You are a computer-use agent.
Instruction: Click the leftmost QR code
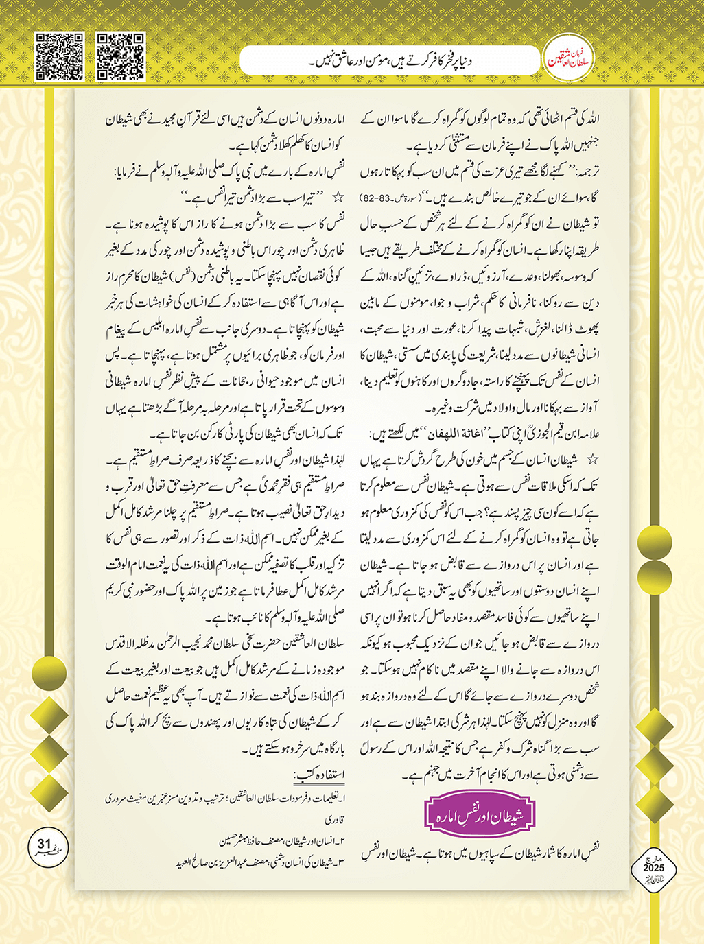click(x=59, y=56)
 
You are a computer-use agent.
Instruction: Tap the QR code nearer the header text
click(x=120, y=56)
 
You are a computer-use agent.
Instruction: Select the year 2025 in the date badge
click(x=653, y=868)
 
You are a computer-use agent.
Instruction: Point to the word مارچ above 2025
click(x=654, y=858)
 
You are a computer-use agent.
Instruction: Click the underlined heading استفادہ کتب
click(x=320, y=776)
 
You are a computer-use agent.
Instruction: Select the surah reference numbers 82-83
click(x=376, y=198)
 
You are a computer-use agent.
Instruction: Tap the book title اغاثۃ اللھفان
click(x=478, y=434)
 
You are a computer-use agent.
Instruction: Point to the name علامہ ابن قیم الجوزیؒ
click(x=556, y=434)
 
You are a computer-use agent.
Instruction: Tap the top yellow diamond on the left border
click(x=48, y=713)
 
